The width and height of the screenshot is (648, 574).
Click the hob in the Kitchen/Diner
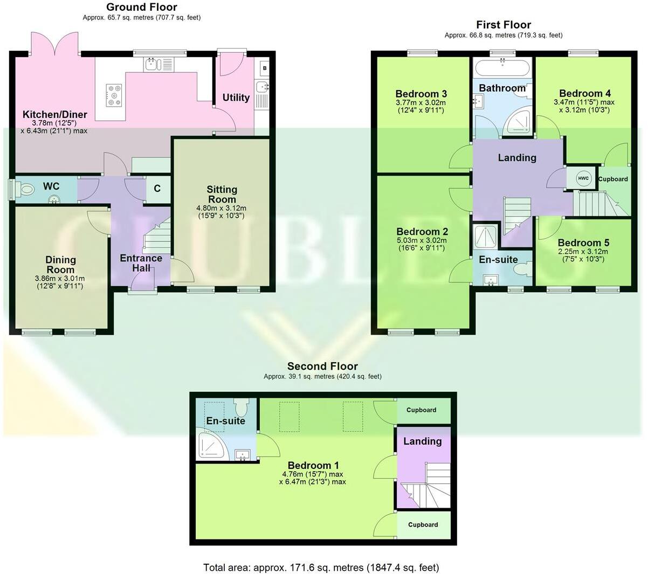coord(114,95)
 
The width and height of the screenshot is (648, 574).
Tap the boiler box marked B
coord(264,68)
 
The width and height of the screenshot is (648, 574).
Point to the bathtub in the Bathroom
coord(502,68)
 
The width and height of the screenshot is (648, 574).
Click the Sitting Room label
coord(222,194)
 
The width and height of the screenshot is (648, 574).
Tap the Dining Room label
coord(60,265)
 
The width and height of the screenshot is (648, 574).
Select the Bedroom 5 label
coord(583,243)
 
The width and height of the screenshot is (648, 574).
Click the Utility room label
coord(236,98)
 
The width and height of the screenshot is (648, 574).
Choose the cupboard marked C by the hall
coord(157,189)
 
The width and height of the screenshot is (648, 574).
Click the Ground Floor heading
coord(141,7)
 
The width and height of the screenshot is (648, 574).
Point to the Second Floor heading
coord(322,366)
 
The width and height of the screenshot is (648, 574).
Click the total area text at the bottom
coord(321,567)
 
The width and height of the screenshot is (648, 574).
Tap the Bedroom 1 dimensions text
coord(313,478)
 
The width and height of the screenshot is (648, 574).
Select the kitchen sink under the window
coord(151,65)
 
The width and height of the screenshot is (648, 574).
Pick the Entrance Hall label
coord(141,263)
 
